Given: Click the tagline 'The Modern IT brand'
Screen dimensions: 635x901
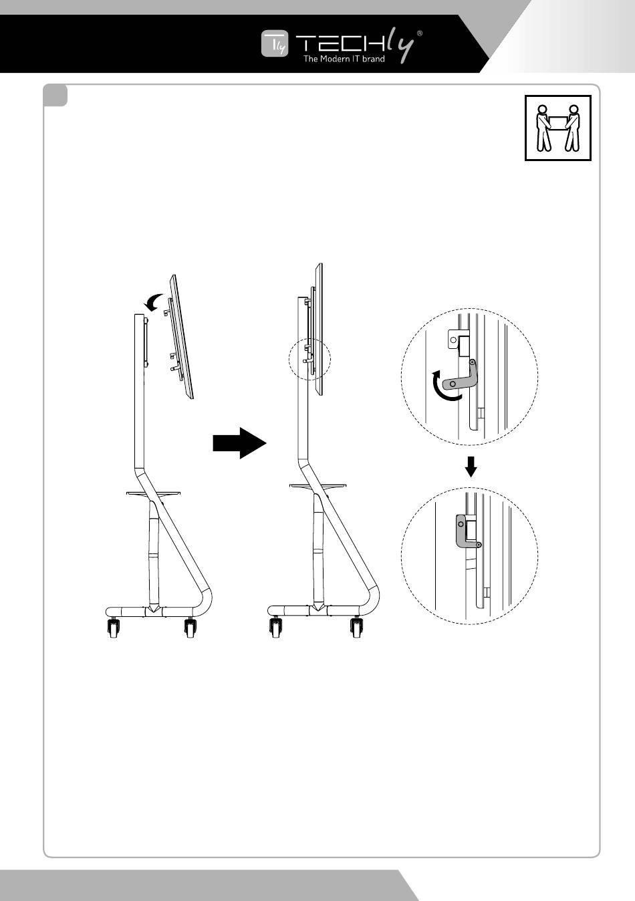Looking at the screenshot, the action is pyautogui.click(x=344, y=59).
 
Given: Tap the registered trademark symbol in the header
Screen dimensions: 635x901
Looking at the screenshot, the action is pyautogui.click(x=419, y=32).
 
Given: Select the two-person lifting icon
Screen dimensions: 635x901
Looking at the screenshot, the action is pyautogui.click(x=558, y=128).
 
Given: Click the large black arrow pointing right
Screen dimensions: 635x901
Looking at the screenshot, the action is pyautogui.click(x=239, y=443).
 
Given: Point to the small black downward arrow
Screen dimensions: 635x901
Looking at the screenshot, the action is pyautogui.click(x=471, y=467).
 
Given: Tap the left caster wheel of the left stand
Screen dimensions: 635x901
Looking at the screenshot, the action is pyautogui.click(x=113, y=629).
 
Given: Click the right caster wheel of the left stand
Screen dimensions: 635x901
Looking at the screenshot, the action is pyautogui.click(x=190, y=629).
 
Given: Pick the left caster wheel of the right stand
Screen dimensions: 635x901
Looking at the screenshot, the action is pyautogui.click(x=275, y=629).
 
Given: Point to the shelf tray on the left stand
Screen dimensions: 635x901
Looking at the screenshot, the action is pyautogui.click(x=154, y=493).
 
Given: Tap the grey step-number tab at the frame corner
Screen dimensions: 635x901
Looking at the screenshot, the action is pyautogui.click(x=55, y=96).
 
